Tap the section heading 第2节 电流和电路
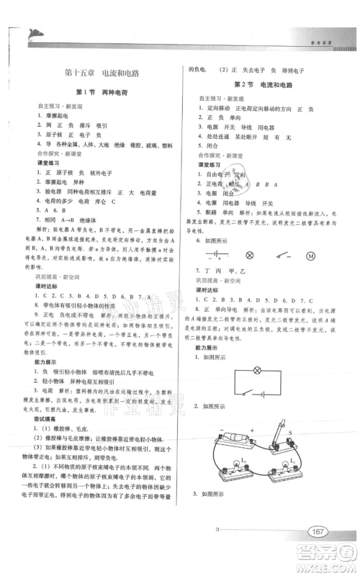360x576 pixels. [x=260, y=84]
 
